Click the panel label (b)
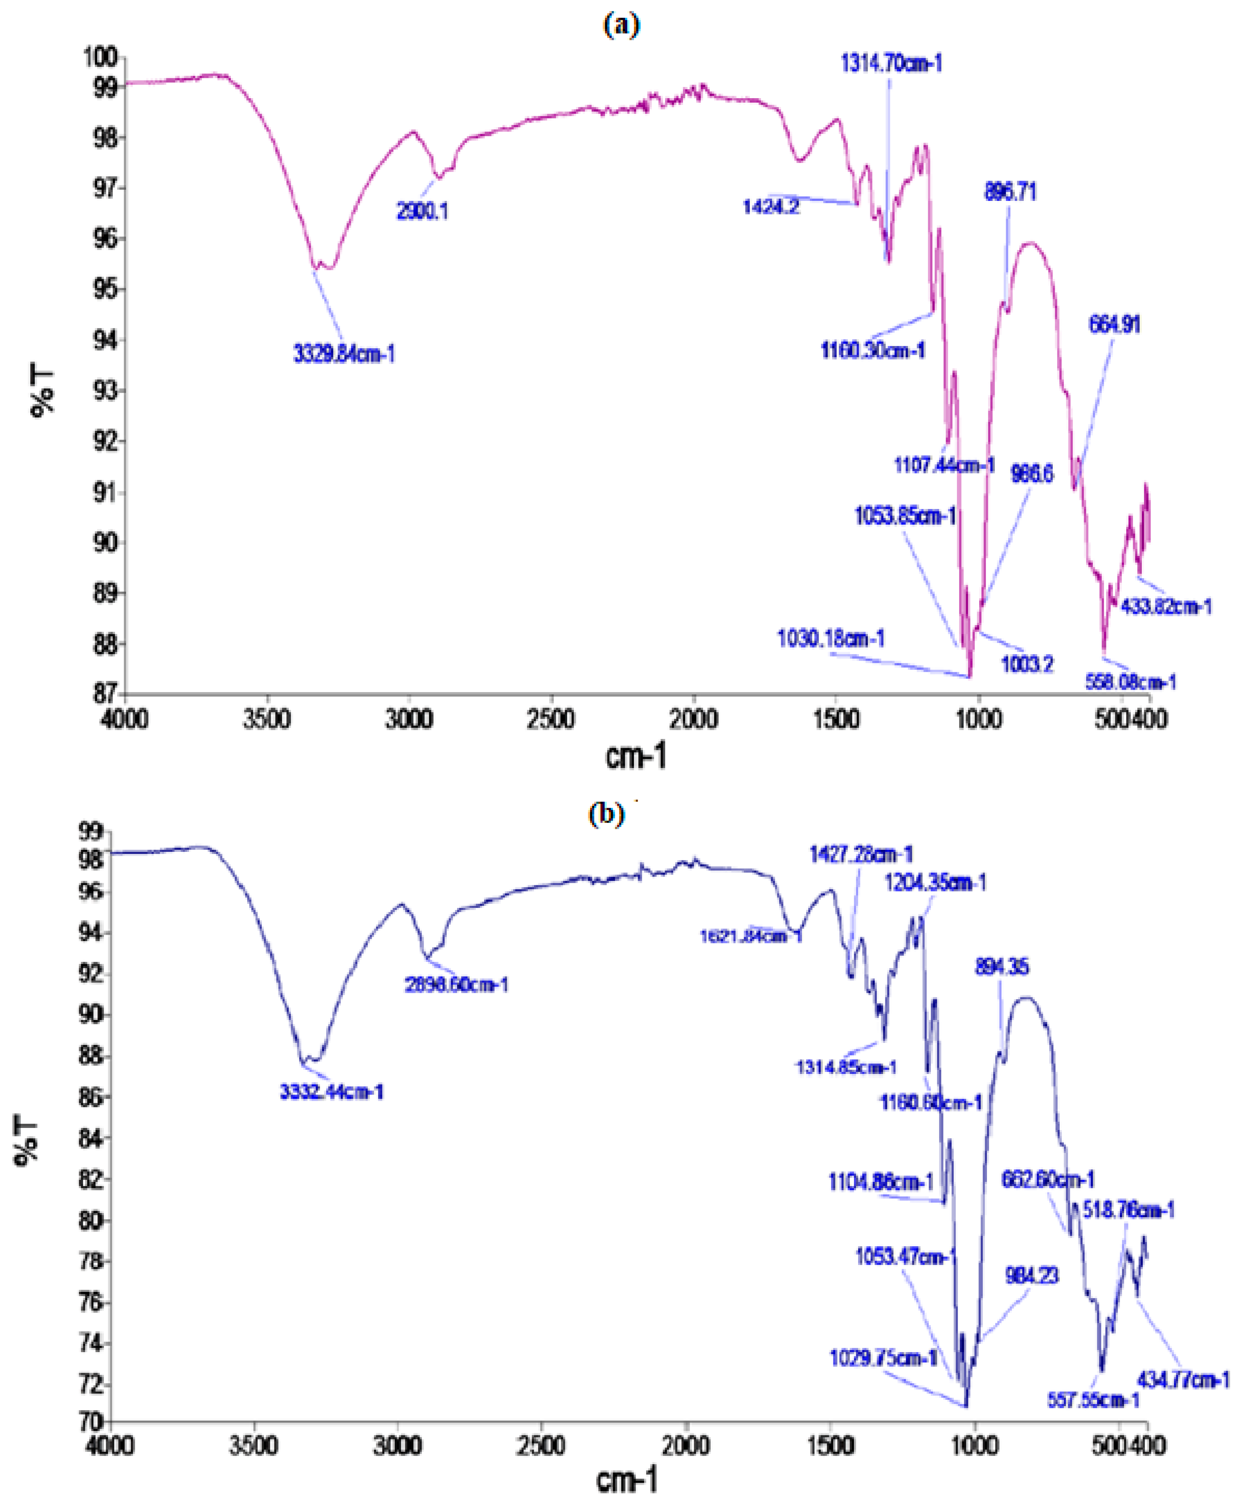(x=606, y=814)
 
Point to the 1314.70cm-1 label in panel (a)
(x=891, y=64)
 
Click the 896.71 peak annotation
(x=1010, y=191)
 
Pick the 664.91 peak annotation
(x=1114, y=325)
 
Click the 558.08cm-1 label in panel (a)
(x=1130, y=682)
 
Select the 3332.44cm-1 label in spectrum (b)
(x=331, y=1092)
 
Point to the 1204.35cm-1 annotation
(x=935, y=883)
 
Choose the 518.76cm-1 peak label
(x=1128, y=1210)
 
